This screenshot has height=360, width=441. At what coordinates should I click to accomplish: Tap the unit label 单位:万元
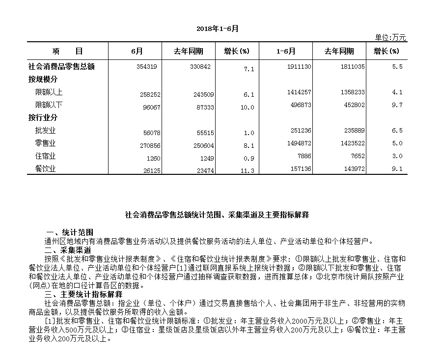(390, 38)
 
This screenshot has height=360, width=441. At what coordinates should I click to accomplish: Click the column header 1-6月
(286, 52)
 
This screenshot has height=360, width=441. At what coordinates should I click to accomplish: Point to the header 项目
(67, 52)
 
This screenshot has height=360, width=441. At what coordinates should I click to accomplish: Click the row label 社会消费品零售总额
(61, 66)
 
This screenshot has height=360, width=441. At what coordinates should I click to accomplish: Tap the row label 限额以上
(49, 92)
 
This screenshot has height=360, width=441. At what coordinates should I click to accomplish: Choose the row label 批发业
(45, 130)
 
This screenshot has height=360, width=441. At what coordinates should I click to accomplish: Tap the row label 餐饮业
(45, 169)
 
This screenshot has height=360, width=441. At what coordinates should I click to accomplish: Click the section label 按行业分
(43, 118)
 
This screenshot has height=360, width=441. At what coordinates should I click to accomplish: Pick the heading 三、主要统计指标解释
(83, 294)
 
